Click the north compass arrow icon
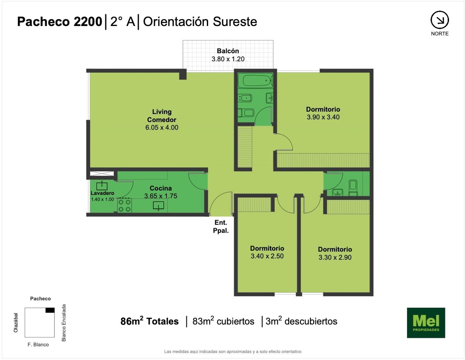pyautogui.click(x=440, y=20)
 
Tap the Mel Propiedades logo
pyautogui.click(x=426, y=323)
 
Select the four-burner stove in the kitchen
pyautogui.click(x=124, y=205)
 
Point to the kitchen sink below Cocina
pyautogui.click(x=158, y=206)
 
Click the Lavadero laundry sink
pyautogui.click(x=102, y=186)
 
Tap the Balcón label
pyautogui.click(x=228, y=51)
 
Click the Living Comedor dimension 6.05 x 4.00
pyautogui.click(x=162, y=127)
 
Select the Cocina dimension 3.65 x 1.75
pyautogui.click(x=161, y=196)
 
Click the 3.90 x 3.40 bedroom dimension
pyautogui.click(x=323, y=117)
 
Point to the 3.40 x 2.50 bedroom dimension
pyautogui.click(x=267, y=256)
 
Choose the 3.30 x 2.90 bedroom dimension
pyautogui.click(x=335, y=257)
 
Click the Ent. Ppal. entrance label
pyautogui.click(x=221, y=227)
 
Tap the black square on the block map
pyautogui.click(x=50, y=310)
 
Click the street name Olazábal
pyautogui.click(x=16, y=323)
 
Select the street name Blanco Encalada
pyautogui.click(x=64, y=323)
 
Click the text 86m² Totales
pyautogui.click(x=149, y=321)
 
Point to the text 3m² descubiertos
pyautogui.click(x=301, y=321)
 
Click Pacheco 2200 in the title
pyautogui.click(x=59, y=22)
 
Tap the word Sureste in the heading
pyautogui.click(x=235, y=22)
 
